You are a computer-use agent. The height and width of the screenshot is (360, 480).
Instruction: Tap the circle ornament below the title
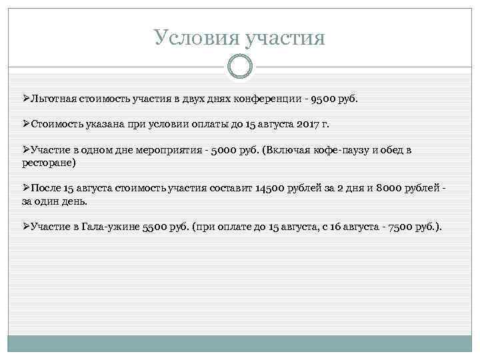(x=240, y=65)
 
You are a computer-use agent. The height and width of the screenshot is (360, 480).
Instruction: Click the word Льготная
(x=53, y=99)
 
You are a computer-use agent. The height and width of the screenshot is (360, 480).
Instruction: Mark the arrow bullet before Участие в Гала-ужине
(x=25, y=227)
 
